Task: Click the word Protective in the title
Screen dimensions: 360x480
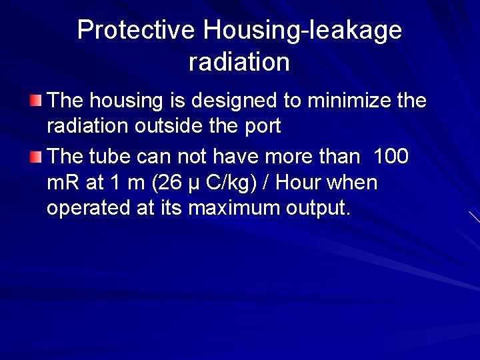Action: click(137, 30)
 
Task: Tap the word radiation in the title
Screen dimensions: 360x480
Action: click(239, 62)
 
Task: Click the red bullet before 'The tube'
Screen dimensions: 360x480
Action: click(35, 157)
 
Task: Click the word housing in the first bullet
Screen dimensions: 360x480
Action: click(124, 102)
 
